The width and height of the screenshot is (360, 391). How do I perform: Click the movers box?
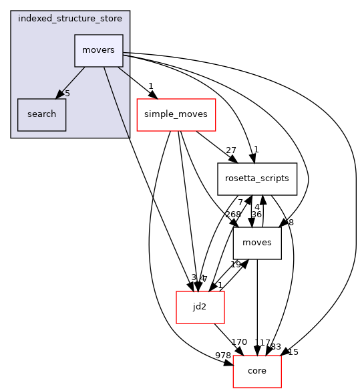98,51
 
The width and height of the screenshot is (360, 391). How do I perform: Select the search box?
41,114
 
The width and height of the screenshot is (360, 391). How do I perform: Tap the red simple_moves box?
176,115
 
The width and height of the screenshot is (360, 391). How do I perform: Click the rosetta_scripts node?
257,179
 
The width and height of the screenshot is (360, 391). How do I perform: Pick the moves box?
257,243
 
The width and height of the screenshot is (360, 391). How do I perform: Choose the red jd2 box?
200,307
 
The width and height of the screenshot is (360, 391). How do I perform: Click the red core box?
257,370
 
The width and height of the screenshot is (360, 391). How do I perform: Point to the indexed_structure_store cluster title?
70,18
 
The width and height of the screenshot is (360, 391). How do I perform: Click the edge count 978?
222,354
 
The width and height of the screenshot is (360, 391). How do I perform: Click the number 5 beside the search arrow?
67,93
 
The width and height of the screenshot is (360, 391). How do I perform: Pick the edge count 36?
256,215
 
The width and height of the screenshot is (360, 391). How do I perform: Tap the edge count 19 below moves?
236,264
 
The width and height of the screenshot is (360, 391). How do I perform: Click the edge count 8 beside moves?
291,223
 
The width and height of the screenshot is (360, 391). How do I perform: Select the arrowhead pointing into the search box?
59,95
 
